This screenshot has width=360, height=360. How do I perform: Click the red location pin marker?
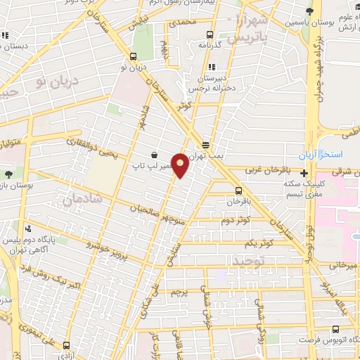tap(180, 165)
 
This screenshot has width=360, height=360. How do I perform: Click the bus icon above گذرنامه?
tap(210, 34)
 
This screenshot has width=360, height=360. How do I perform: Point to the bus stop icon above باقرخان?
tap(238, 191)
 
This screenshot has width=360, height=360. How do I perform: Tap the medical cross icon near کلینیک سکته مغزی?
tap(304, 173)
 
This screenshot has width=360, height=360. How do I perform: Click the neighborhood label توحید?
tap(242, 260)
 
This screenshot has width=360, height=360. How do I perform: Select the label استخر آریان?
tap(339, 153)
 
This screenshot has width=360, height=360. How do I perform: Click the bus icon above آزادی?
tap(67, 345)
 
